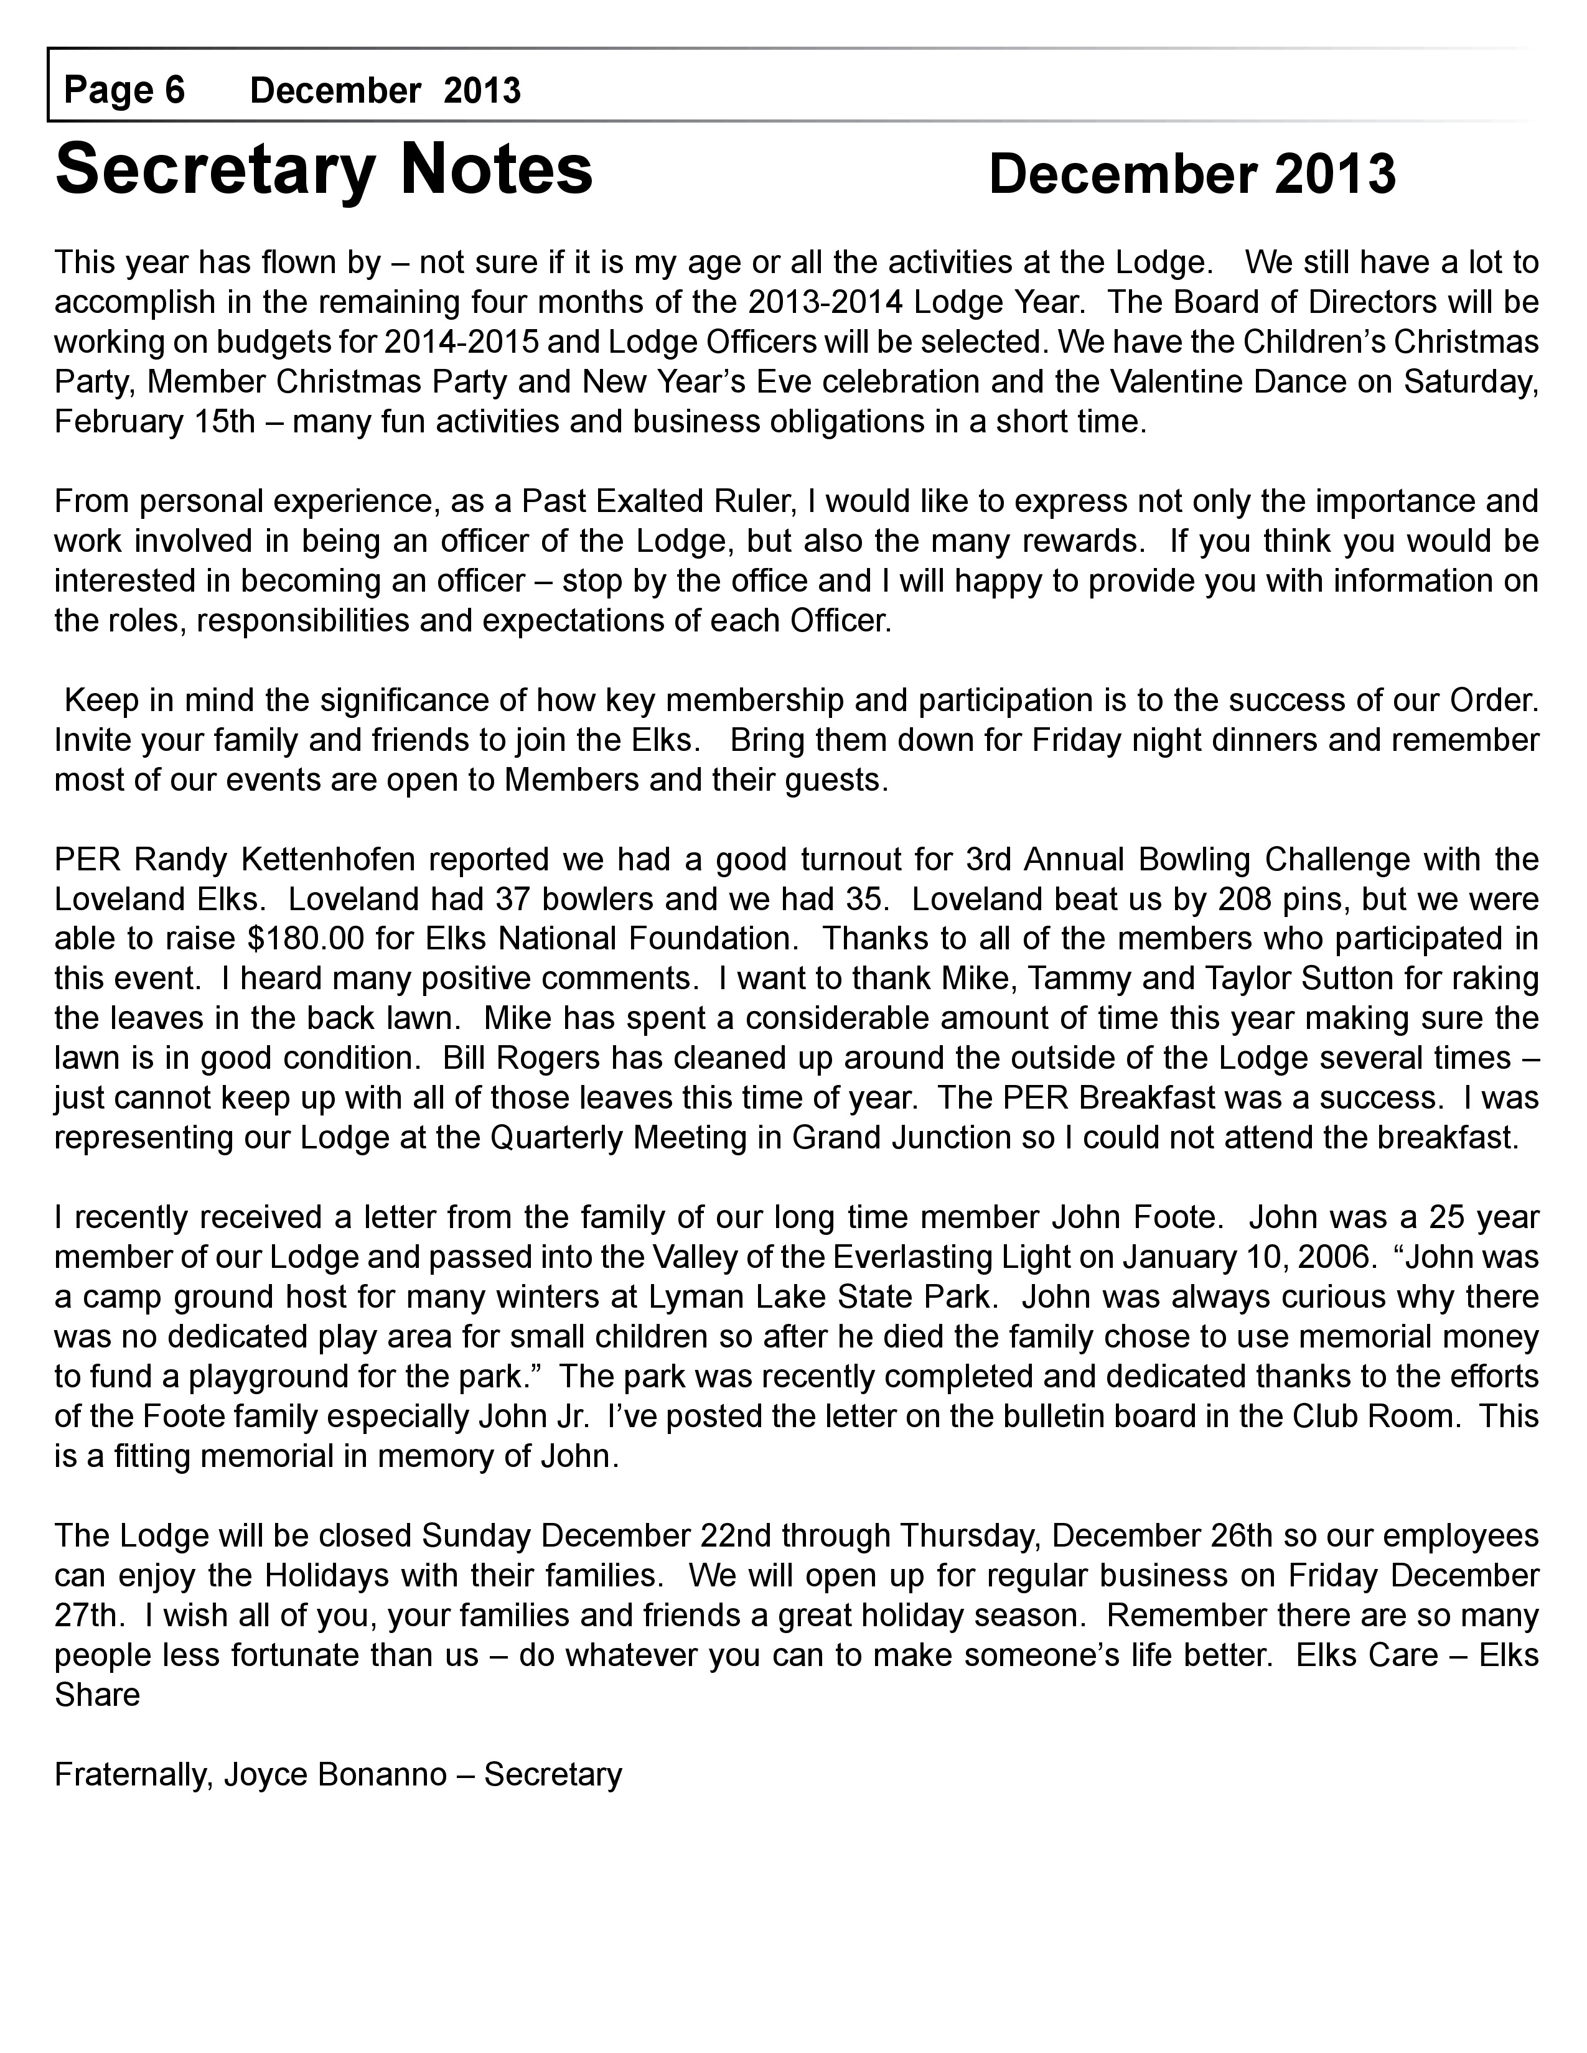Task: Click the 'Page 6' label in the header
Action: click(x=124, y=90)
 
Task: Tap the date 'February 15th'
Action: click(x=154, y=421)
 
